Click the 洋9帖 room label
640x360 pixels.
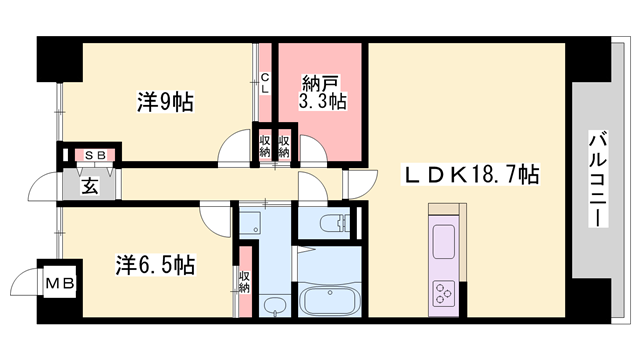coord(164,101)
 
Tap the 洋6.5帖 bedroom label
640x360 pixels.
coord(154,265)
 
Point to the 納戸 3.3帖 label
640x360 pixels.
coord(322,91)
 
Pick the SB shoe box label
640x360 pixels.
coord(96,155)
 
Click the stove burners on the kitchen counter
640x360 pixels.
coord(443,291)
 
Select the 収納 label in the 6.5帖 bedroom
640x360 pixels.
coord(244,281)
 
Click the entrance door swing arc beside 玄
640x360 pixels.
coord(45,186)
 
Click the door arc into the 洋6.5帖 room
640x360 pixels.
coord(216,212)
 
